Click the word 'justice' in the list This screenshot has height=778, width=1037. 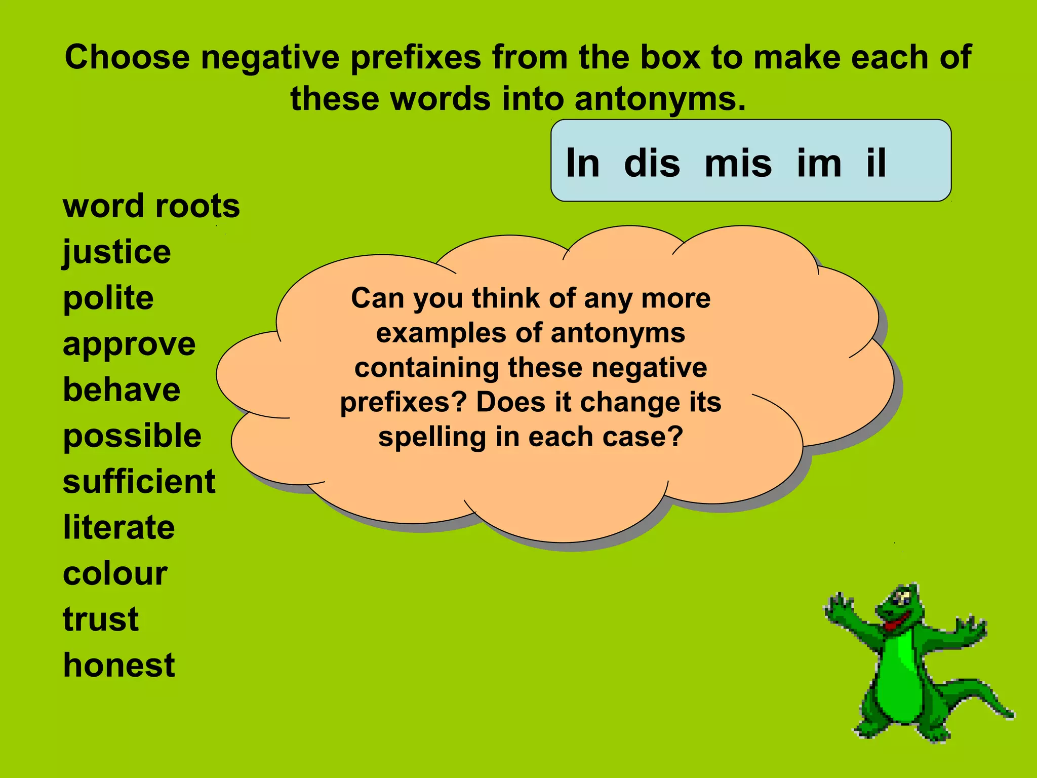pos(117,252)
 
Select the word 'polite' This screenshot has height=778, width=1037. pos(108,298)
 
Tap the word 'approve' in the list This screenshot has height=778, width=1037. pos(129,344)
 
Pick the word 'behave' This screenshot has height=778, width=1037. pos(122,390)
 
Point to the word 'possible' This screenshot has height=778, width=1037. pos(132,436)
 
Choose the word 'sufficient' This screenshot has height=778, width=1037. pos(139,482)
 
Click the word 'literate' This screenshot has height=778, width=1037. pos(119,528)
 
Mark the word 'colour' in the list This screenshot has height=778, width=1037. pos(115,574)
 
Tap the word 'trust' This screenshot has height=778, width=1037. pos(101,619)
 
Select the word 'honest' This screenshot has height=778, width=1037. pos(119,665)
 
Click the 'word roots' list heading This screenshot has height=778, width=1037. pos(151,206)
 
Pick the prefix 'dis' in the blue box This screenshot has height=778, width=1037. pos(652,163)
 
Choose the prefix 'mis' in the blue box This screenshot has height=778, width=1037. pos(738,163)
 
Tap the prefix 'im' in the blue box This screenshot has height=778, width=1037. pos(819,163)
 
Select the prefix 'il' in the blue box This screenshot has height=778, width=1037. pos(876,163)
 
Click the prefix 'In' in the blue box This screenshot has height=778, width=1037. pos(582,163)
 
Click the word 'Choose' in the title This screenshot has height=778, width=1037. pos(127,57)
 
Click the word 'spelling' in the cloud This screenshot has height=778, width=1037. pos(432,437)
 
